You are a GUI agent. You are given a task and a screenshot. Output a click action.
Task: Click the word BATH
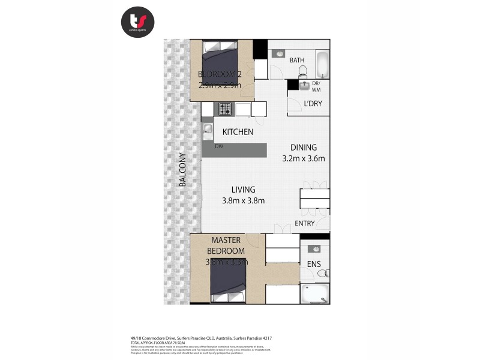298,61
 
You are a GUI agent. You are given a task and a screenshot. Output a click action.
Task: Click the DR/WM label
317,86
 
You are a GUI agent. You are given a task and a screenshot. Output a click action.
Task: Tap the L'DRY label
313,104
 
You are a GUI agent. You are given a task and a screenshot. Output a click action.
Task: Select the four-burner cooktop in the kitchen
225,109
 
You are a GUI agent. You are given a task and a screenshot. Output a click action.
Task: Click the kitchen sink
208,129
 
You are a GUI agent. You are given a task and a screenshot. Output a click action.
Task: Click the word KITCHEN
238,132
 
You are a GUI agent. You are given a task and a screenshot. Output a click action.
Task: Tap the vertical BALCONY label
182,170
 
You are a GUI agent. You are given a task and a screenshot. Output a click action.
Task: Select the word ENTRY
305,224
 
